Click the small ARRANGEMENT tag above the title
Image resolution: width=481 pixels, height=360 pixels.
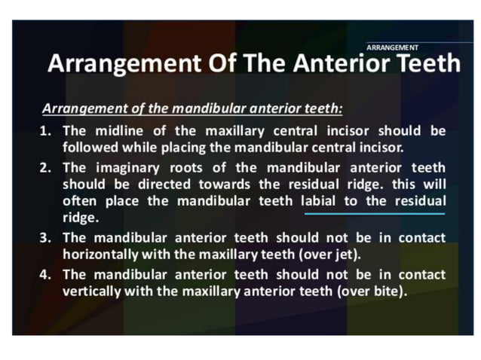pyautogui.click(x=392, y=47)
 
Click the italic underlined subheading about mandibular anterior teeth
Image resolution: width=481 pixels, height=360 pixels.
pyautogui.click(x=192, y=108)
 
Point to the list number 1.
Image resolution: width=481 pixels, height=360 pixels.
pyautogui.click(x=45, y=131)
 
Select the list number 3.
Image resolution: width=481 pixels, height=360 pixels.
pyautogui.click(x=45, y=238)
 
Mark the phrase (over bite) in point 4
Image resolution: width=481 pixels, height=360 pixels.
pyautogui.click(x=370, y=289)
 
